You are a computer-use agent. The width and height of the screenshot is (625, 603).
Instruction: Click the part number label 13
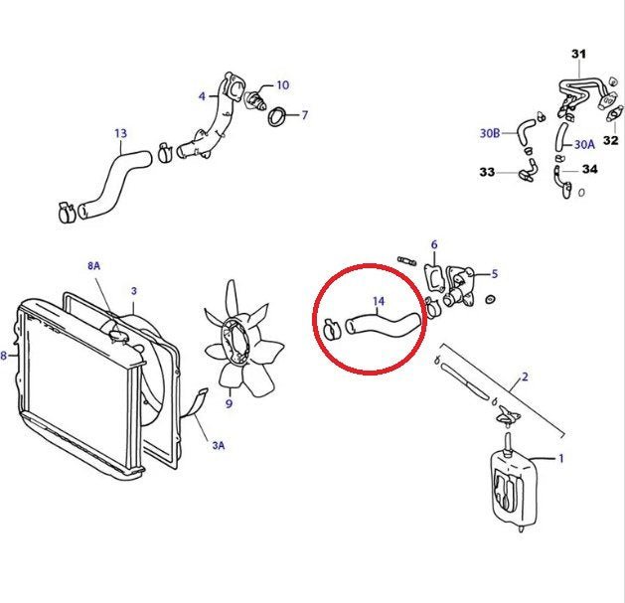coord(120,133)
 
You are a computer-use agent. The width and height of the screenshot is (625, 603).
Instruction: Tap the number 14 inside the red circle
coord(379,302)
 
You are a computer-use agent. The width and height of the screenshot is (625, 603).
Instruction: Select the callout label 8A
coord(94,265)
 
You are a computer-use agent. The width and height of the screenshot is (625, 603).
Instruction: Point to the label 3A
coord(218,445)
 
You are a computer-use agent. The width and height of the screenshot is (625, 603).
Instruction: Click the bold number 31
coord(578,54)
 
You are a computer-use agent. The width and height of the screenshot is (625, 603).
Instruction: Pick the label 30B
coord(490,133)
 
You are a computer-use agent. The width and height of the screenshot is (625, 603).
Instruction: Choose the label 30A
coord(584,144)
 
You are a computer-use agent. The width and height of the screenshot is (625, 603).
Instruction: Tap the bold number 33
coord(487,172)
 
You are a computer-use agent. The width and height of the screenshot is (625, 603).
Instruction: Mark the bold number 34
coord(590,169)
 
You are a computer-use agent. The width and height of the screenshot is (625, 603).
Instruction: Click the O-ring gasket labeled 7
coord(277,116)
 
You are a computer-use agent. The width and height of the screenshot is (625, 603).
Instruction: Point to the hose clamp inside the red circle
coord(331,329)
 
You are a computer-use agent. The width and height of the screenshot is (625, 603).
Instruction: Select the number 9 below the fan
coord(229,403)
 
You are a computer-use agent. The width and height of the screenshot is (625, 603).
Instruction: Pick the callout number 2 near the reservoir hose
coord(525,377)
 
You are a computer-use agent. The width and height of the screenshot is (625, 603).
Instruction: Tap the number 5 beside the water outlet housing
coord(495,274)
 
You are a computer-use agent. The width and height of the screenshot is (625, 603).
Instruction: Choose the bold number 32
coord(611,140)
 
